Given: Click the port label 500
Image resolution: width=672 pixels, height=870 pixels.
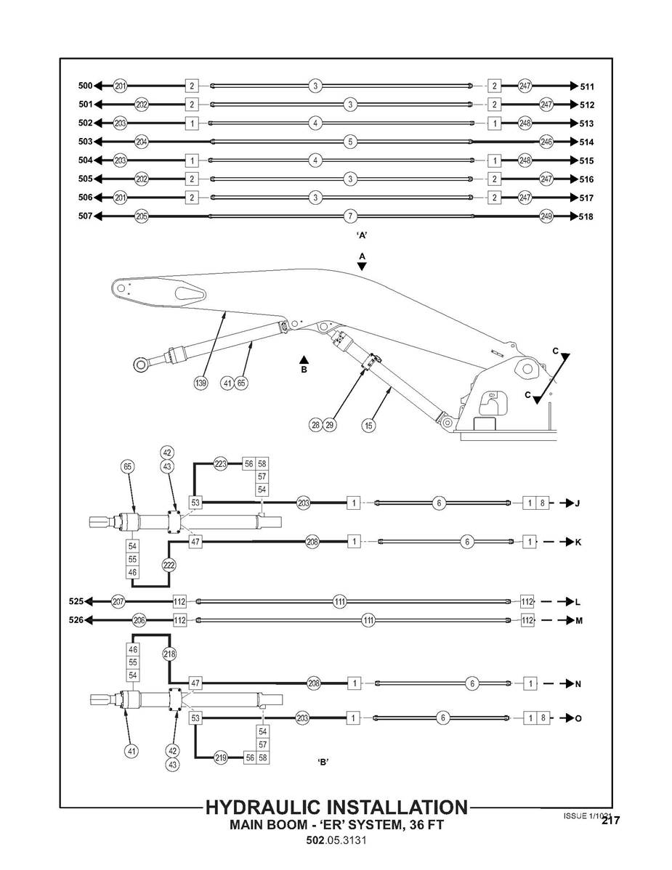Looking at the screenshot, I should click(x=85, y=86).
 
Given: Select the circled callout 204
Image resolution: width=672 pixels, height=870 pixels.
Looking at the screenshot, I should click(x=142, y=142).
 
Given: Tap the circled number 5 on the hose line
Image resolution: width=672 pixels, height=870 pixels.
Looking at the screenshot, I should click(x=350, y=142).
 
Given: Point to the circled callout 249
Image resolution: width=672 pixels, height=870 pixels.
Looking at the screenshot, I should click(x=546, y=216).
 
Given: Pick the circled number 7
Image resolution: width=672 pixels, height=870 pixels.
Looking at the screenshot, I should click(x=350, y=216).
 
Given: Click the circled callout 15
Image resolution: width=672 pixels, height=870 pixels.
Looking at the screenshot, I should click(x=369, y=426).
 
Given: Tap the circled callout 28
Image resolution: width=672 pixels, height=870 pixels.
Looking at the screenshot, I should click(x=316, y=426).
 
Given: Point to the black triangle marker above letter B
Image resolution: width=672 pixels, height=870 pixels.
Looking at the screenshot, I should click(x=304, y=359).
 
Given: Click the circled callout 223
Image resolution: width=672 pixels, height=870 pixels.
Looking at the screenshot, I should click(x=221, y=463).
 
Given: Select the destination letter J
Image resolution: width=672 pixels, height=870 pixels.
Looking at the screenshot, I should click(x=578, y=503).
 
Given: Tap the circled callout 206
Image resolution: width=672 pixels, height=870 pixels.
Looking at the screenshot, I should click(x=140, y=621).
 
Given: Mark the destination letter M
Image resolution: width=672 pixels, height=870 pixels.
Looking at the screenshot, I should click(x=579, y=621).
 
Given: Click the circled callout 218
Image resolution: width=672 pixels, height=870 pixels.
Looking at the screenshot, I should click(x=169, y=654).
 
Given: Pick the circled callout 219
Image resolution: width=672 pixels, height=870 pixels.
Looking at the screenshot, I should click(x=221, y=757).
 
